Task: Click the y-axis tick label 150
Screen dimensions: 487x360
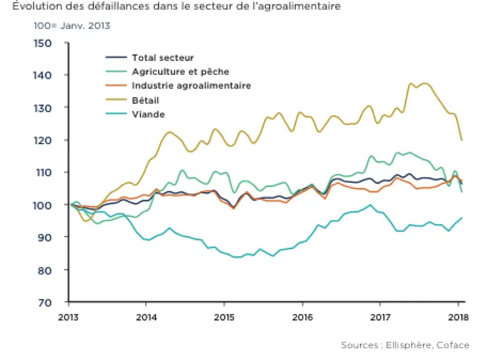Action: [43, 43]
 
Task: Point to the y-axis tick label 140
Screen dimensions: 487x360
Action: [43, 75]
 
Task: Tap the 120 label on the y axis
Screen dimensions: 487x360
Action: [43, 141]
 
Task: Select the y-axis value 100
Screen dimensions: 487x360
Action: [43, 206]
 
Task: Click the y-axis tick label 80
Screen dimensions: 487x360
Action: [45, 271]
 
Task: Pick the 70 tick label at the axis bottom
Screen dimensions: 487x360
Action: [45, 303]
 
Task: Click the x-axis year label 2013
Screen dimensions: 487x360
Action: [68, 317]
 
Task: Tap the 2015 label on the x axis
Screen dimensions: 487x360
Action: [224, 317]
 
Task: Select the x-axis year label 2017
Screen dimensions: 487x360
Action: [380, 317]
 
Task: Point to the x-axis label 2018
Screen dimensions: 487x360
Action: [458, 317]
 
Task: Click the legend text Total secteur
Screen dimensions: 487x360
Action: [163, 57]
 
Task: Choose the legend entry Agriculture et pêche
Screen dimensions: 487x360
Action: [181, 72]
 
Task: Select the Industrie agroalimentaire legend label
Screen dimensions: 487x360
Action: [191, 86]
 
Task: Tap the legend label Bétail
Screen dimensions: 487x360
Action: [146, 101]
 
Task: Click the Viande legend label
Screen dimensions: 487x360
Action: [148, 114]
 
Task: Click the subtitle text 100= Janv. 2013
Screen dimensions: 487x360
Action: [72, 26]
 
